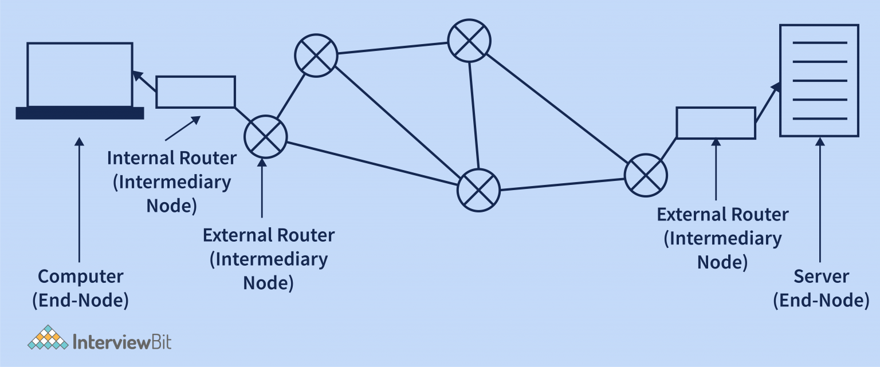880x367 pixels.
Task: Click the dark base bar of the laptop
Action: (x=80, y=113)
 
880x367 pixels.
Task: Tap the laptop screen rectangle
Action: (x=80, y=74)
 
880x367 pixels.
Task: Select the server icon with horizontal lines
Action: (x=819, y=80)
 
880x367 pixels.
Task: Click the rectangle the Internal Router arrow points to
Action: (x=195, y=92)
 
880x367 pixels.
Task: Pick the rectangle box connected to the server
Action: (x=716, y=123)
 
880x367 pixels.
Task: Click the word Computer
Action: (x=81, y=277)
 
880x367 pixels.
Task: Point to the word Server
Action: (x=821, y=277)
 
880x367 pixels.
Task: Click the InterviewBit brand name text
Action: (x=123, y=342)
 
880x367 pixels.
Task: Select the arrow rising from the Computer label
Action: (x=80, y=200)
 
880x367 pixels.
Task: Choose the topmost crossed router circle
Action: (x=469, y=40)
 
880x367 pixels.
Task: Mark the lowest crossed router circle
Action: (x=478, y=190)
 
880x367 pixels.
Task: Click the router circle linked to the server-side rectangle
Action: (x=646, y=175)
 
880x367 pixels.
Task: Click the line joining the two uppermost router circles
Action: (x=392, y=48)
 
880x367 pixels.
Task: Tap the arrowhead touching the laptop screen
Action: (x=136, y=75)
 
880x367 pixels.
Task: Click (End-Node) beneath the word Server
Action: (x=821, y=301)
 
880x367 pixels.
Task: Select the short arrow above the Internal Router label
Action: (x=183, y=128)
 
